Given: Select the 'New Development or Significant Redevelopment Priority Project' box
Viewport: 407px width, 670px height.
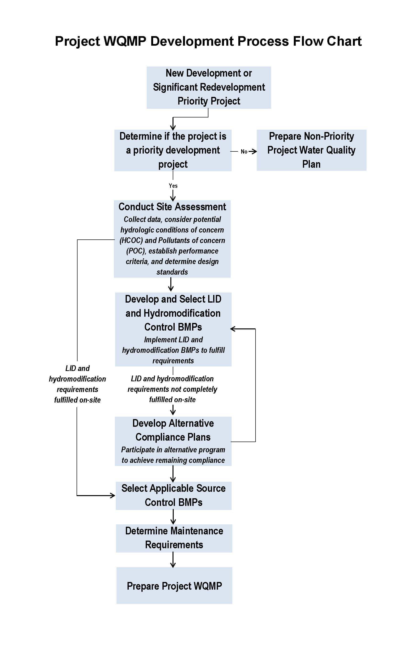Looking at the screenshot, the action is pyautogui.click(x=209, y=88).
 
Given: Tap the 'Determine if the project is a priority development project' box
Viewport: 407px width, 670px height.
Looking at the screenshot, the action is pyautogui.click(x=173, y=150).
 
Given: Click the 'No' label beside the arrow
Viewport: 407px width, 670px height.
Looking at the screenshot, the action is pyautogui.click(x=244, y=152).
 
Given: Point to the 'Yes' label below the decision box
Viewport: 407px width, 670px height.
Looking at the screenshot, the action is pyautogui.click(x=173, y=186).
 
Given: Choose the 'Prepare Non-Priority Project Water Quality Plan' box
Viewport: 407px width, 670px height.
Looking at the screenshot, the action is pyautogui.click(x=312, y=150).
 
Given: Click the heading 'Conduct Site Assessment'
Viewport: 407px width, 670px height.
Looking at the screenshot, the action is pyautogui.click(x=172, y=207).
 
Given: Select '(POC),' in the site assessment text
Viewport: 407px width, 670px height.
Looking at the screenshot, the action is pyautogui.click(x=136, y=251).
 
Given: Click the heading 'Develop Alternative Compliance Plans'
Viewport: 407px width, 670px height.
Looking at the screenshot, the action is pyautogui.click(x=173, y=430).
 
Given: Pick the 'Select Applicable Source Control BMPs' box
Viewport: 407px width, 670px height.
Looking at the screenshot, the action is pyautogui.click(x=173, y=496).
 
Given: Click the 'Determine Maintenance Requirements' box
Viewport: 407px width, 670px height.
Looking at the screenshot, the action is pyautogui.click(x=174, y=538).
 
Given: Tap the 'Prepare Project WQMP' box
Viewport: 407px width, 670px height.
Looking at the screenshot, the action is pyautogui.click(x=174, y=586).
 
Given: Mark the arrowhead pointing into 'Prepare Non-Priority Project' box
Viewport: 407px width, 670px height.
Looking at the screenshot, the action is pyautogui.click(x=254, y=151).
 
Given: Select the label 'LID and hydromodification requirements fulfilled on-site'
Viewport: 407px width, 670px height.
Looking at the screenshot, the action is pyautogui.click(x=77, y=384).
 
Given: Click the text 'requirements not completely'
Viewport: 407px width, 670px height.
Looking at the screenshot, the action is pyautogui.click(x=172, y=389).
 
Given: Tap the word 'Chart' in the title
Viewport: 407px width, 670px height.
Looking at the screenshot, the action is pyautogui.click(x=344, y=41).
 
